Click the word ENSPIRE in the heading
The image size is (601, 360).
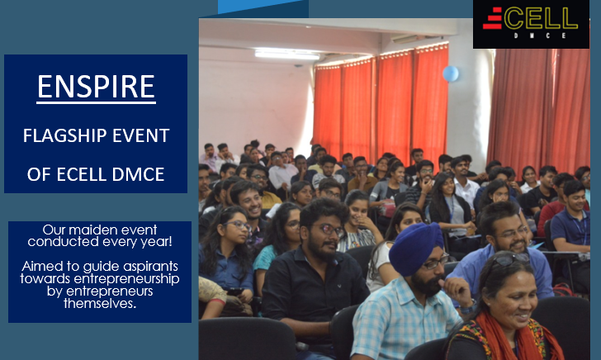(x=96, y=86)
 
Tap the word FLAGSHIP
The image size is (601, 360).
(x=64, y=135)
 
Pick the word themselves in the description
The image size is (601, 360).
(x=99, y=303)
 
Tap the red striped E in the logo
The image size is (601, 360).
(x=493, y=18)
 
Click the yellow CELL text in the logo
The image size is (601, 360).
(x=541, y=18)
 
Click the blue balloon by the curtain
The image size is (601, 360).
(x=451, y=73)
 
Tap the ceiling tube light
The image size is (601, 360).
(x=287, y=54)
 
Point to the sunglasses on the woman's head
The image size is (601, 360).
(x=510, y=259)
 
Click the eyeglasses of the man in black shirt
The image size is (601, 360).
(x=331, y=230)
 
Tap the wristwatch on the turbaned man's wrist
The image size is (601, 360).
(x=468, y=307)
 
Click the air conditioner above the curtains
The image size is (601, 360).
(x=405, y=39)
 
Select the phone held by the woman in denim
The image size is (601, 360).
(x=234, y=291)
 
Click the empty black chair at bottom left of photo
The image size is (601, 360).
(x=247, y=339)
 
